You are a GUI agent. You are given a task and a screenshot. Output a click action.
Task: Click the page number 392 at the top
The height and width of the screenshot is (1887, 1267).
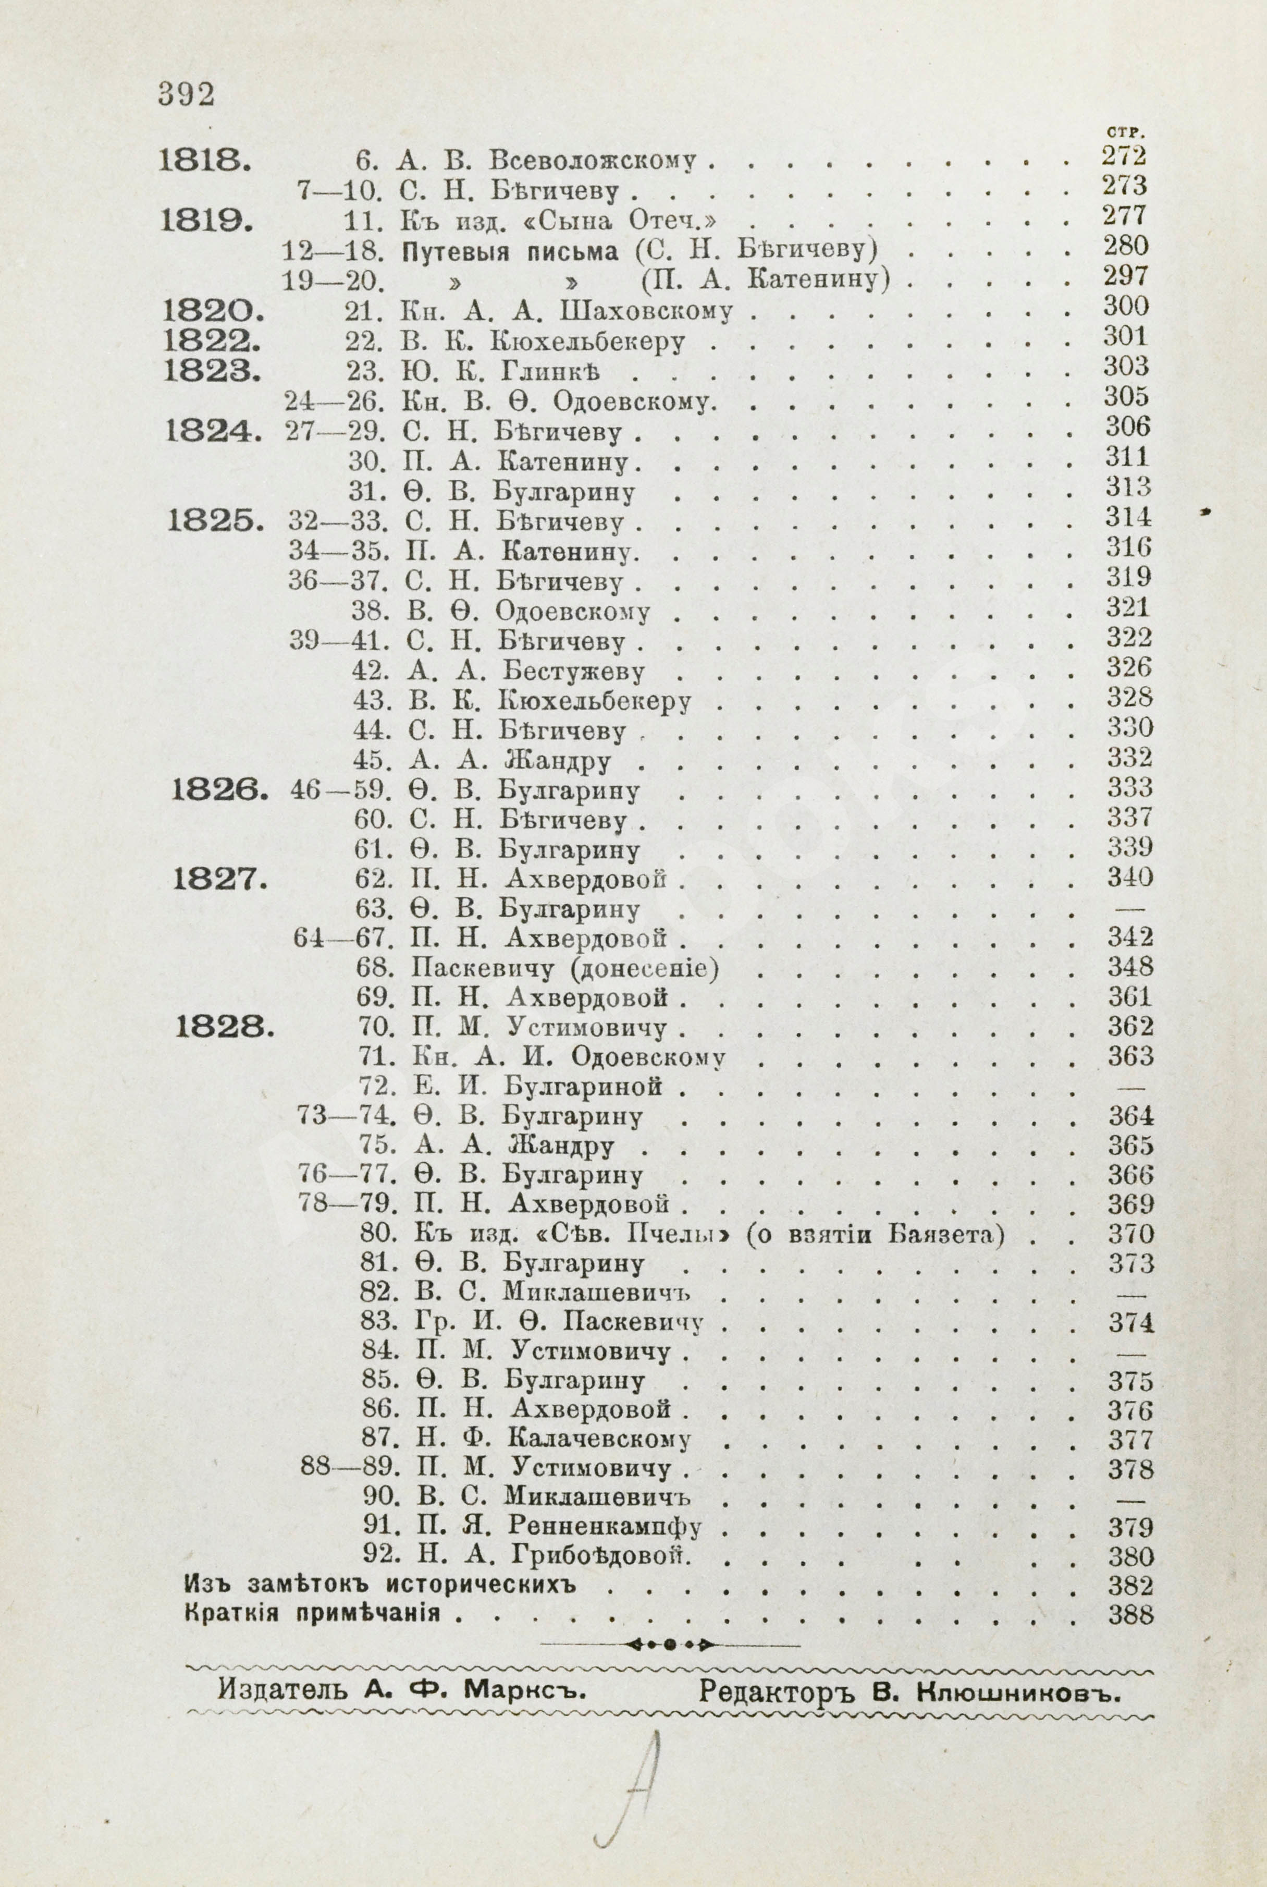(186, 94)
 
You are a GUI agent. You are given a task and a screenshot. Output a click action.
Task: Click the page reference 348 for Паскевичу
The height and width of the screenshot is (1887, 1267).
(1129, 967)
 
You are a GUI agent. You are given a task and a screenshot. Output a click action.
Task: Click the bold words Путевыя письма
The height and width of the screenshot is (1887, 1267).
(510, 251)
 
